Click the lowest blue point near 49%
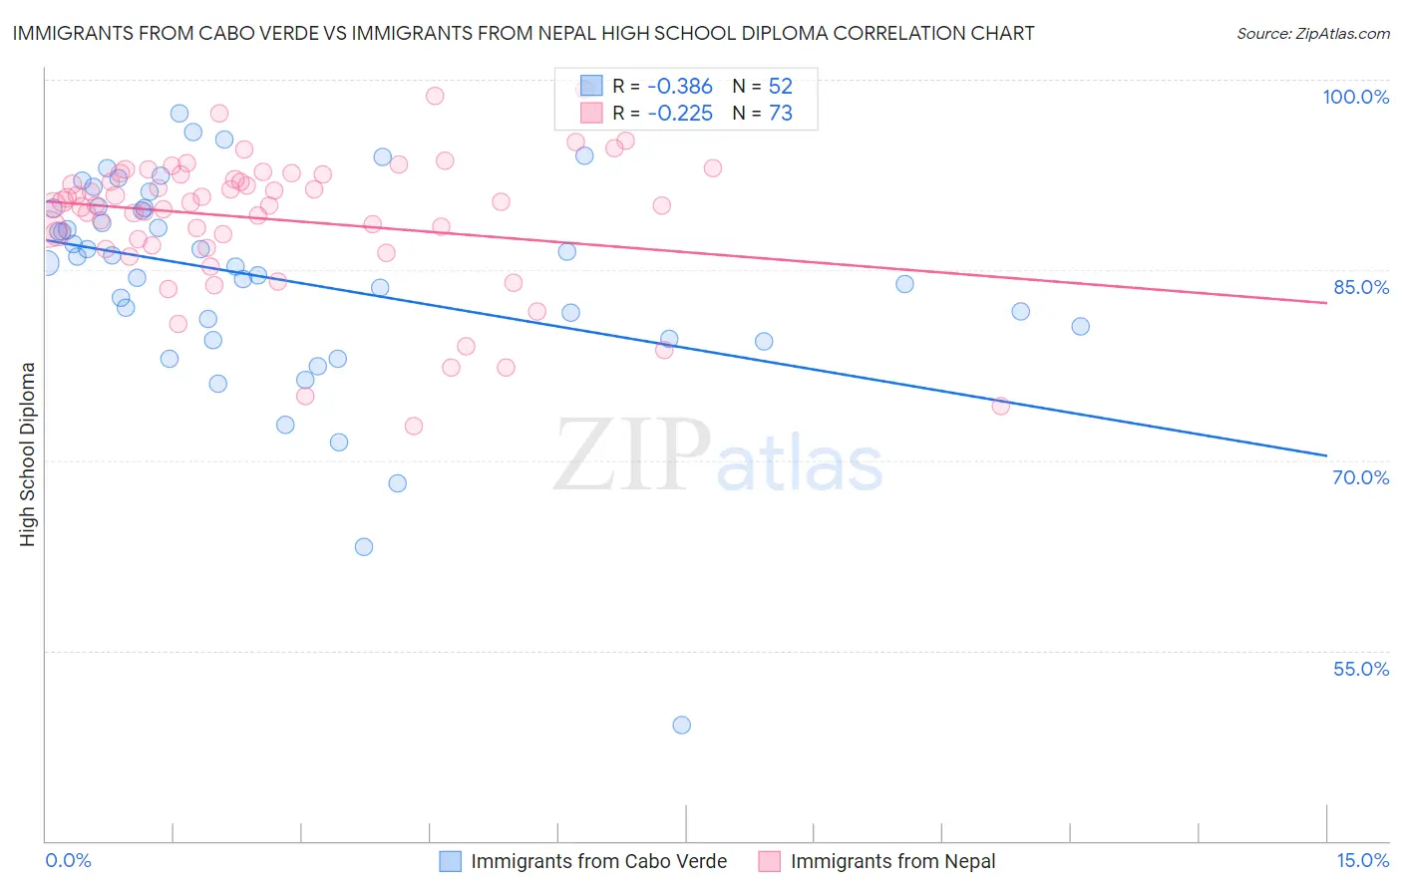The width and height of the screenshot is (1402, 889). point(682,725)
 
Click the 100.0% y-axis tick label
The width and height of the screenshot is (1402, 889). point(1355,97)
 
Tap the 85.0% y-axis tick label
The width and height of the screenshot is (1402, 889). point(1361,287)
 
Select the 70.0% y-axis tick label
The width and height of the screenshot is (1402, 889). point(1361,477)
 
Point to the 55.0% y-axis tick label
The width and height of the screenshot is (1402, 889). point(1361,669)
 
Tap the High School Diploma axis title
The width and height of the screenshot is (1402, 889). point(28,453)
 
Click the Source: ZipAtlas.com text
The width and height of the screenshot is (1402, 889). point(1312,34)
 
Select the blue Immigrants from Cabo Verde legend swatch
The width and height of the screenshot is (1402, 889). point(451,861)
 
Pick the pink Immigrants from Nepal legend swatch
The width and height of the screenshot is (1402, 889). point(769,861)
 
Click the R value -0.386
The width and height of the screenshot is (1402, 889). point(680,87)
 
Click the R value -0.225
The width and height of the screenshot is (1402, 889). point(680,114)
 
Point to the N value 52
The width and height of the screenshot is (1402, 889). point(780,87)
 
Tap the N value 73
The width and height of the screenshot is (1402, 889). point(780,114)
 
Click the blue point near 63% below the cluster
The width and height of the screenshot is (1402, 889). point(364,547)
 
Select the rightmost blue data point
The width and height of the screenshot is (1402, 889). point(1080,326)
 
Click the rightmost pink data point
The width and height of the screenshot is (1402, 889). point(1000,406)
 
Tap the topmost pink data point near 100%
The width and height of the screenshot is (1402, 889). point(435,96)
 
